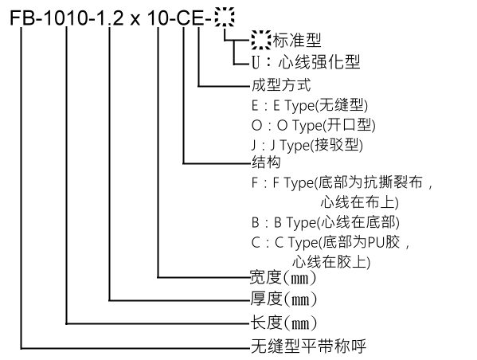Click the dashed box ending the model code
pyautogui.click(x=225, y=18)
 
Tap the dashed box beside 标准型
pyautogui.click(x=261, y=40)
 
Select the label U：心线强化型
pyautogui.click(x=306, y=62)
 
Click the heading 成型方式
pyautogui.click(x=281, y=85)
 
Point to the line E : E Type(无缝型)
pyautogui.click(x=310, y=106)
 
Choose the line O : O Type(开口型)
pyautogui.click(x=313, y=125)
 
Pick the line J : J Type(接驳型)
pyautogui.click(x=307, y=145)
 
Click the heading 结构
pyautogui.click(x=266, y=162)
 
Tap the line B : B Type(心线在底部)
pyautogui.click(x=325, y=222)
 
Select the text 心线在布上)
pyautogui.click(x=360, y=202)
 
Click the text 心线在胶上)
pyautogui.click(x=331, y=262)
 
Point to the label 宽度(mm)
pyautogui.click(x=283, y=277)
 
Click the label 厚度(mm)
pyautogui.click(x=283, y=299)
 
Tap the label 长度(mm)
pyautogui.click(x=283, y=323)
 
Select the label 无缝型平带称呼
pyautogui.click(x=308, y=346)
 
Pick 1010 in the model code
pyautogui.click(x=66, y=18)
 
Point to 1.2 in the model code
pyautogui.click(x=110, y=18)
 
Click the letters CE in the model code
pyautogui.click(x=190, y=18)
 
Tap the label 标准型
pyautogui.click(x=297, y=40)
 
